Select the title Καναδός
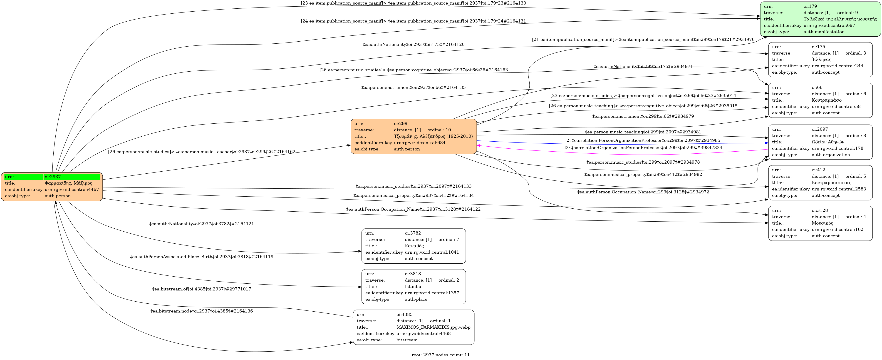tap(414, 246)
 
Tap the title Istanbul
tap(414, 287)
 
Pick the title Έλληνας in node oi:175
tap(821, 60)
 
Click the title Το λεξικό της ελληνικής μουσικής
tap(840, 19)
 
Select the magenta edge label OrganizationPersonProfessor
tap(643, 148)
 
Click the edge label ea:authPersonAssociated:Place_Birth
tap(201, 257)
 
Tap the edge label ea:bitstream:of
tap(201, 289)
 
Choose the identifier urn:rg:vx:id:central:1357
tap(432, 293)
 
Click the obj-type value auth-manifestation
tap(824, 32)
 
